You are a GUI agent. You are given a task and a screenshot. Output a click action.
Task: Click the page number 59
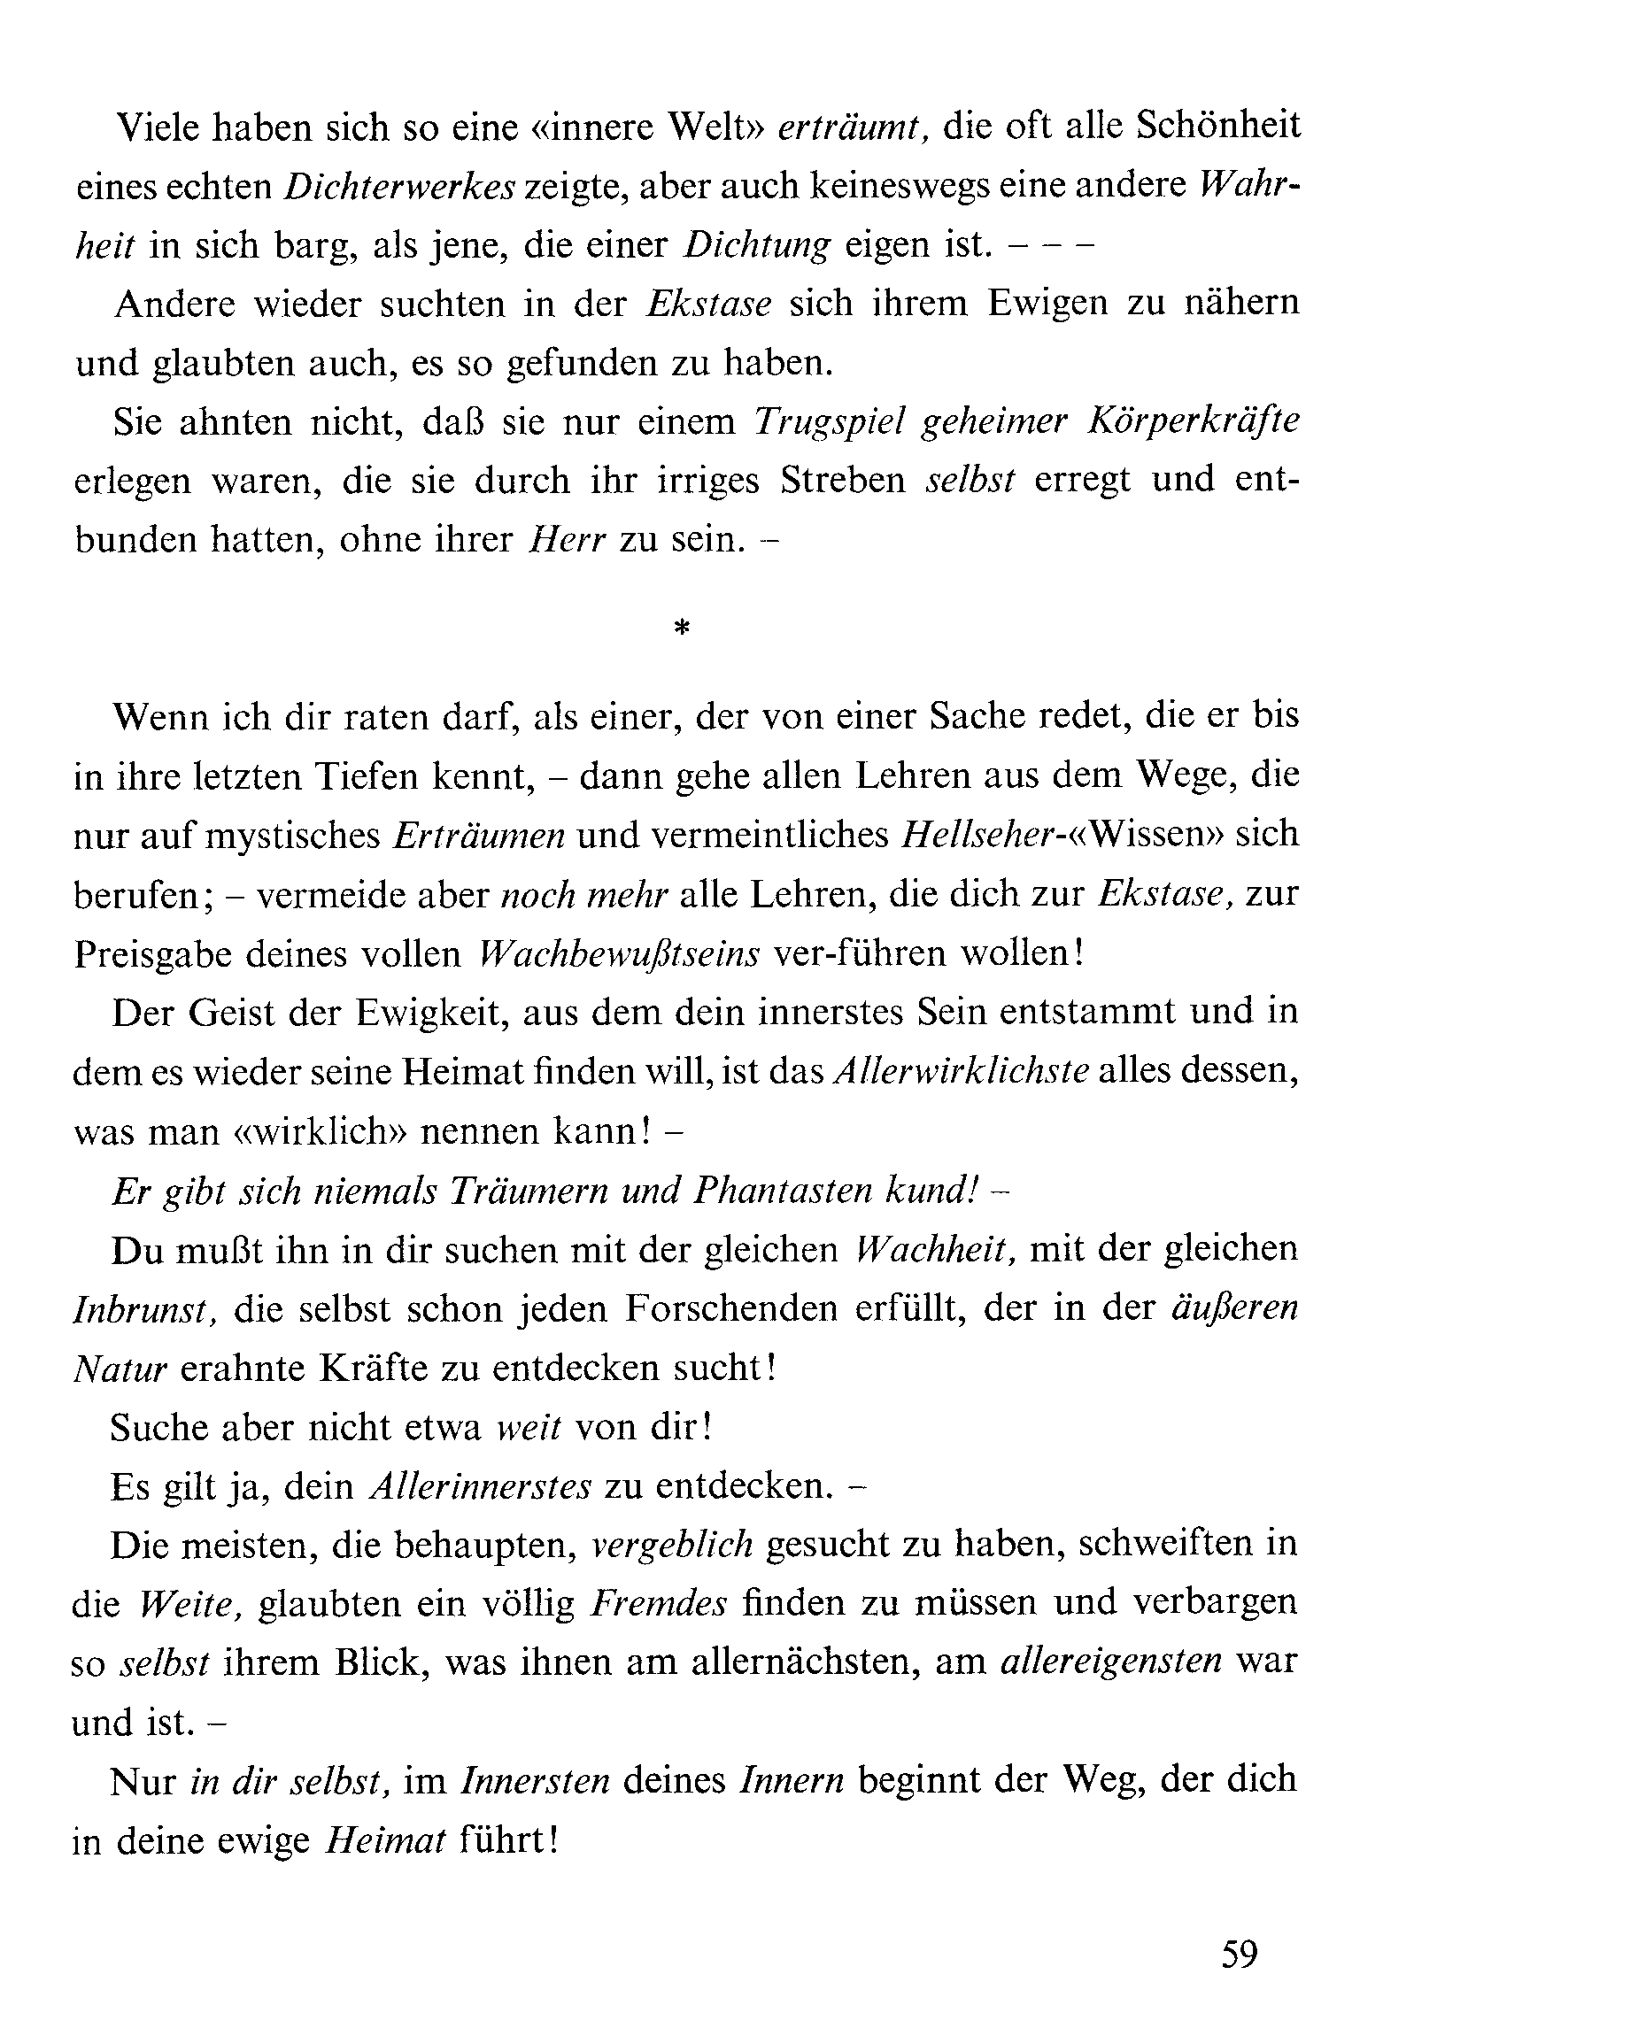pyautogui.click(x=1240, y=1954)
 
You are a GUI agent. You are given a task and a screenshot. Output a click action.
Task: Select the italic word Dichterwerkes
pyautogui.click(x=399, y=187)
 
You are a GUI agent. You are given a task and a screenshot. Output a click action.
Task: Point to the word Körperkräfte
pyautogui.click(x=1193, y=421)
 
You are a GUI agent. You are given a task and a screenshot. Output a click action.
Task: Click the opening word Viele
pyautogui.click(x=158, y=127)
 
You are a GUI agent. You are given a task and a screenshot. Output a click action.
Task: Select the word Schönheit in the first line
pyautogui.click(x=1217, y=126)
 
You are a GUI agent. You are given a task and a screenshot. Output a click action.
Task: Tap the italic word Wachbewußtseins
pyautogui.click(x=619, y=953)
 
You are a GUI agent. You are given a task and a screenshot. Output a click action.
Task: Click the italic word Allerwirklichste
pyautogui.click(x=962, y=1072)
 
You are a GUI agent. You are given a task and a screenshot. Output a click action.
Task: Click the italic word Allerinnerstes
pyautogui.click(x=480, y=1487)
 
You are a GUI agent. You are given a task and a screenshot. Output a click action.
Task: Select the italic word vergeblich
pyautogui.click(x=672, y=1546)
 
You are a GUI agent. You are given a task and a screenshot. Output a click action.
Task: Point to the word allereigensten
pyautogui.click(x=1111, y=1663)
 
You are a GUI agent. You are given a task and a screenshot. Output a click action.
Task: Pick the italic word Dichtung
pyautogui.click(x=757, y=245)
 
